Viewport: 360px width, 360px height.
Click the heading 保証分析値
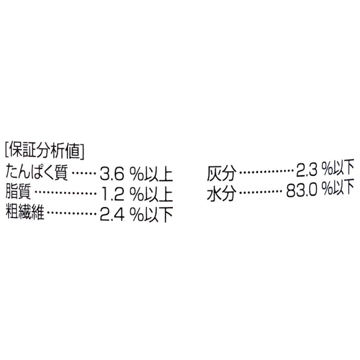pos(45,151)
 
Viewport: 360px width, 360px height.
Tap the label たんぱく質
pos(37,172)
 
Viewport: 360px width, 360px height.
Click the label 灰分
pos(222,173)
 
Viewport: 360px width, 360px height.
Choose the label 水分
pos(222,194)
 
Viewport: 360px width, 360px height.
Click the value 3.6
pos(112,174)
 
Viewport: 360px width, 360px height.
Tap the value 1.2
pos(113,194)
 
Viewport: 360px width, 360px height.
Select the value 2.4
pos(112,214)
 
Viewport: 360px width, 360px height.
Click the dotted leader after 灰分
pos(266,171)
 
